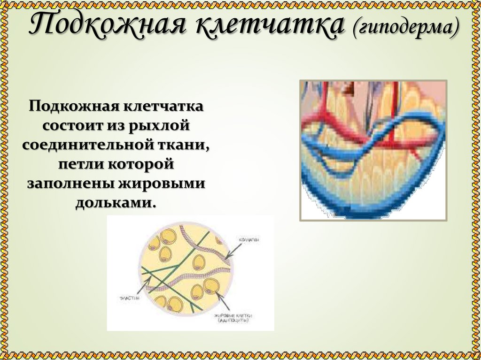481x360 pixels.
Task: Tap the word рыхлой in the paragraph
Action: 161,126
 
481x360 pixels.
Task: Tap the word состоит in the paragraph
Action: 68,126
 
